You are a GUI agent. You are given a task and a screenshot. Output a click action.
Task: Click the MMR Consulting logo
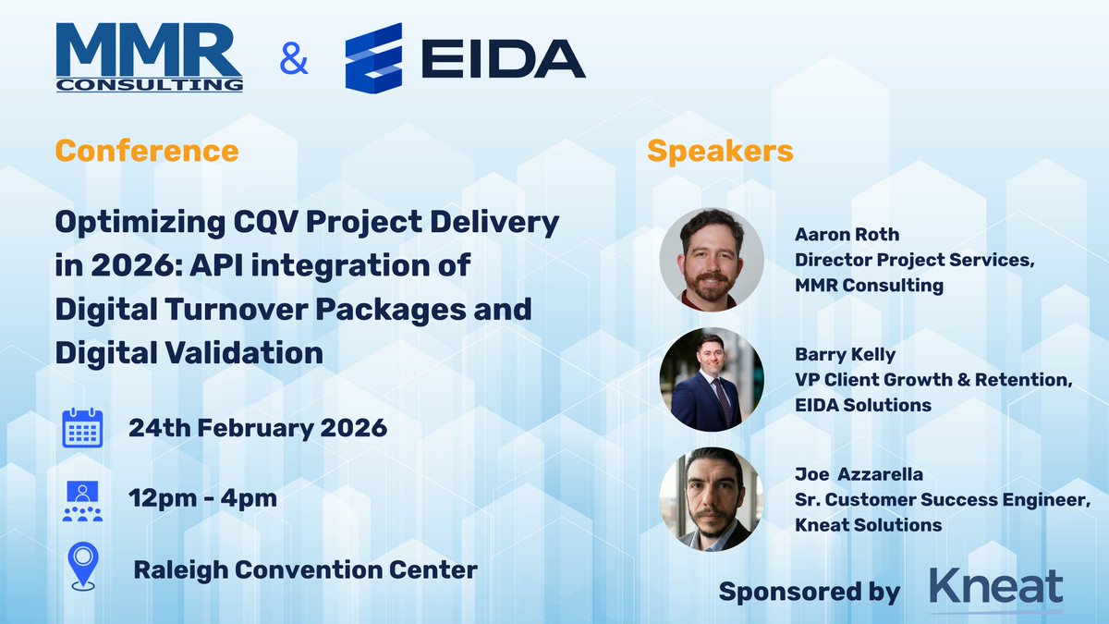pyautogui.click(x=149, y=57)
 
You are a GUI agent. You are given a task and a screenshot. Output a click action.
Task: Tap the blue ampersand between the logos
pyautogui.click(x=293, y=62)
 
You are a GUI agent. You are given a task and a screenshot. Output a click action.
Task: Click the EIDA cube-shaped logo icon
pyautogui.click(x=373, y=58)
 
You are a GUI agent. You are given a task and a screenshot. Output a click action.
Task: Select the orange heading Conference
pyautogui.click(x=146, y=150)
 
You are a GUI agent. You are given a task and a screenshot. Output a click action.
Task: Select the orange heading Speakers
pyautogui.click(x=720, y=151)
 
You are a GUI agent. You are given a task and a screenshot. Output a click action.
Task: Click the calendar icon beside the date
pyautogui.click(x=82, y=428)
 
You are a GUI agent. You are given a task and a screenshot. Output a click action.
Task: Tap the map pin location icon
pyautogui.click(x=83, y=566)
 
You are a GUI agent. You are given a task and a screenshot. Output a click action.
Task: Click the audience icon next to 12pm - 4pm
pyautogui.click(x=82, y=500)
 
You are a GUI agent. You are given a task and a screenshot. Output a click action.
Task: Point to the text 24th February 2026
pyautogui.click(x=258, y=428)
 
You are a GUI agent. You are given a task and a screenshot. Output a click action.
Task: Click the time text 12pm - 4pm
pyautogui.click(x=203, y=498)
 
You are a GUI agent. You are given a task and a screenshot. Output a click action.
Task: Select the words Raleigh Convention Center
pyautogui.click(x=305, y=569)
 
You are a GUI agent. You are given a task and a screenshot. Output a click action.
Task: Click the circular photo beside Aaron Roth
pyautogui.click(x=711, y=259)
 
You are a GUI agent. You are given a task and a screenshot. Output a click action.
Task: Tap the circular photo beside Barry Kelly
pyautogui.click(x=711, y=379)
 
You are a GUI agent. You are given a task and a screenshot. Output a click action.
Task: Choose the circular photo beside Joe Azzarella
pyautogui.click(x=711, y=499)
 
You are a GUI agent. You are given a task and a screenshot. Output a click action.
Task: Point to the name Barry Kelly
pyautogui.click(x=844, y=355)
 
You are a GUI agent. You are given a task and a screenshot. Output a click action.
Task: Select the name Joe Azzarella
pyautogui.click(x=859, y=475)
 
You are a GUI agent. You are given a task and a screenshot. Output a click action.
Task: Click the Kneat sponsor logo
pyautogui.click(x=996, y=589)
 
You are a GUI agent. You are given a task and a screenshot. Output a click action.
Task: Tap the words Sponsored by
pyautogui.click(x=809, y=592)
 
